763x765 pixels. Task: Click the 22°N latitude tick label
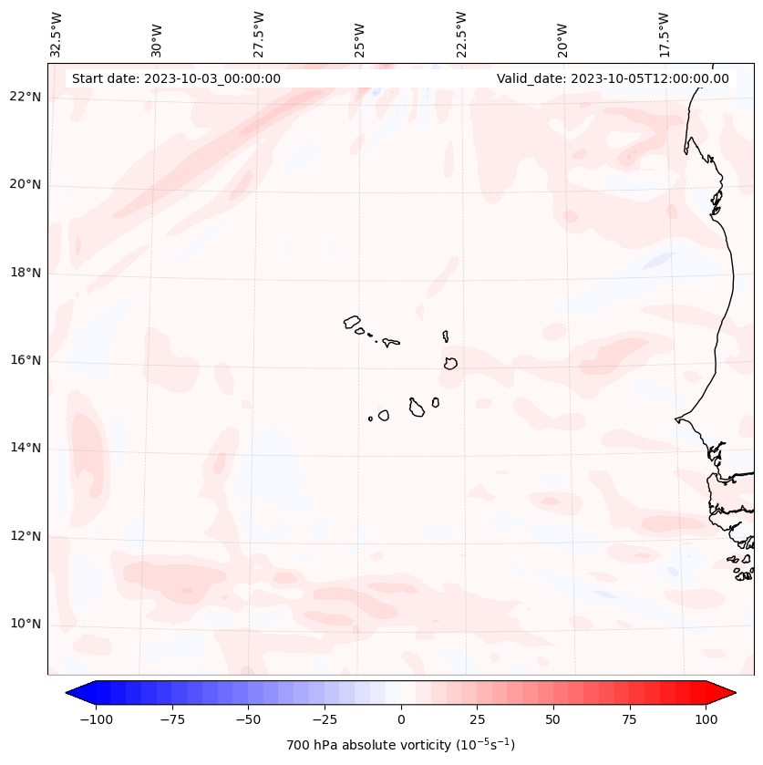click(26, 98)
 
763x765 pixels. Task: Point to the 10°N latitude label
click(26, 624)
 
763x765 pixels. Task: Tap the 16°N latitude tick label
click(26, 361)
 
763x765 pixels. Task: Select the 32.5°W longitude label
click(57, 33)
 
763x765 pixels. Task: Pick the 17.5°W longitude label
click(664, 33)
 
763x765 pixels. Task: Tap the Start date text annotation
click(176, 78)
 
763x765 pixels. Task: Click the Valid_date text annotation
click(613, 78)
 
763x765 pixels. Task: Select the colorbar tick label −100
click(95, 719)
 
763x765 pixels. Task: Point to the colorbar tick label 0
click(401, 719)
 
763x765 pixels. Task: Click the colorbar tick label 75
click(630, 719)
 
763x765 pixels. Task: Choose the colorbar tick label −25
click(324, 719)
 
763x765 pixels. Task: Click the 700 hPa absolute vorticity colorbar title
click(400, 745)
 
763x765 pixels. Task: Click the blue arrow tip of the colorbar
click(75, 693)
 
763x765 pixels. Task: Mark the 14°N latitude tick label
click(26, 449)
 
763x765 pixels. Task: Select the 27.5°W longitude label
click(259, 33)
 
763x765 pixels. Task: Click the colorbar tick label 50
click(553, 719)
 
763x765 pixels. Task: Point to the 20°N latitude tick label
click(26, 185)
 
